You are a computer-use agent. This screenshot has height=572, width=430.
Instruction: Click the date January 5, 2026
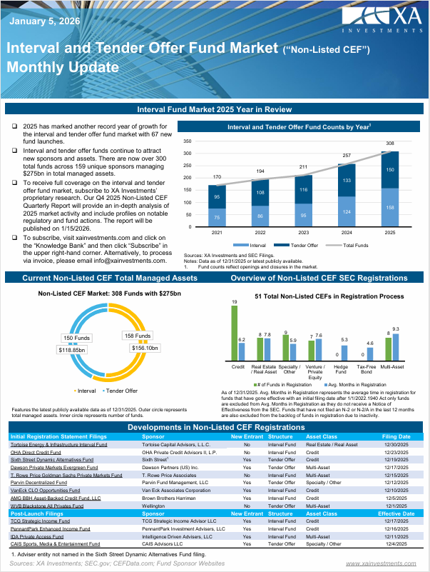[44, 21]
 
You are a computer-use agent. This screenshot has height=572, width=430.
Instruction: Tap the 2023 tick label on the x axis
[304, 233]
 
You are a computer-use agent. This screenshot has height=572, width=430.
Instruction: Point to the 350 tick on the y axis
[188, 141]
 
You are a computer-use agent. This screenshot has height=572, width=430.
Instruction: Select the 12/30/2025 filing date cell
[396, 444]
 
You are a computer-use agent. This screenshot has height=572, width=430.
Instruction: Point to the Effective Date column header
[396, 513]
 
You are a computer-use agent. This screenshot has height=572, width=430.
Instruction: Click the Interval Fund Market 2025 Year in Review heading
[215, 109]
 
